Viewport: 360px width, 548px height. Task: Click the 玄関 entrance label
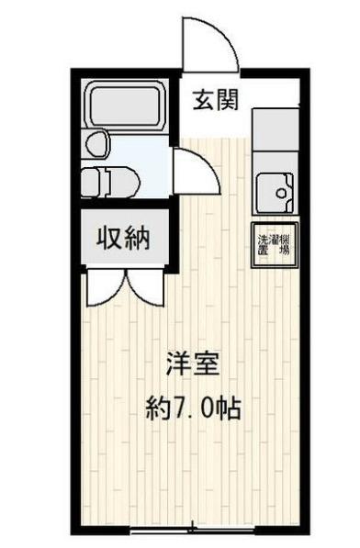point(216,100)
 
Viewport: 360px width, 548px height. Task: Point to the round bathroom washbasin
point(96,144)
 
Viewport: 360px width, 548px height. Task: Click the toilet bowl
point(104,180)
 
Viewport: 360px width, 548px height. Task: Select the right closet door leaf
point(145,287)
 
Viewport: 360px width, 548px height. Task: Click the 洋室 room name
point(193,364)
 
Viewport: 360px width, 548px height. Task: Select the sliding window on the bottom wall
point(191,530)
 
